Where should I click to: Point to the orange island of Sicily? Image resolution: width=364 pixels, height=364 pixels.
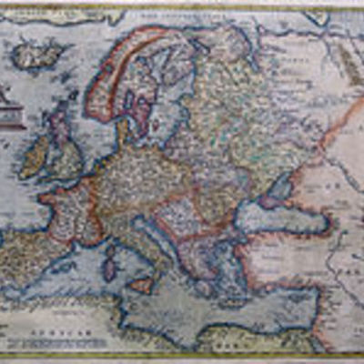click(x=142, y=284)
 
